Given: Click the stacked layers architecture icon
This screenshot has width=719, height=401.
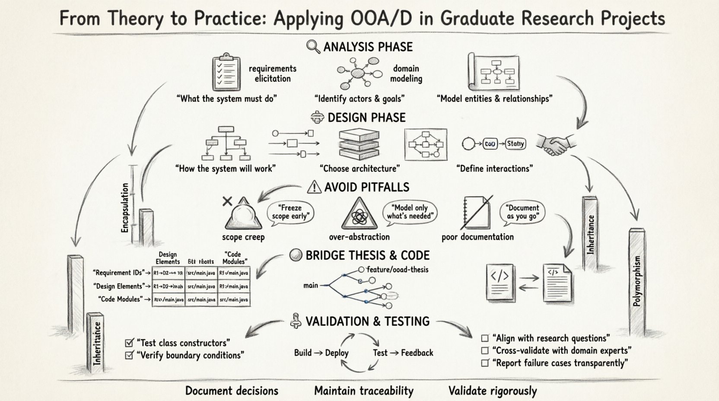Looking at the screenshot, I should point(359,144).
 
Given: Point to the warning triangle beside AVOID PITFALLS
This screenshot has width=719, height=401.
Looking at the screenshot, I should point(314,187).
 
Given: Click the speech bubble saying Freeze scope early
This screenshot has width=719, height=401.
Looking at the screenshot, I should point(290,212).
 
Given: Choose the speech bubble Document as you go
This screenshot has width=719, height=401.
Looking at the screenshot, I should point(522,212).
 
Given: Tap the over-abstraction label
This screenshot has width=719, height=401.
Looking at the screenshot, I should point(359,237).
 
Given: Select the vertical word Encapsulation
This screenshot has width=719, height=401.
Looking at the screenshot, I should point(125,208).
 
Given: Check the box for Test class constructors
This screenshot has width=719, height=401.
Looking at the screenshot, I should point(129,343).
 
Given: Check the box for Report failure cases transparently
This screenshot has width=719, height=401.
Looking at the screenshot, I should point(485,363).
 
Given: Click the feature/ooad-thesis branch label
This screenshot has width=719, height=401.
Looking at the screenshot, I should point(397,270).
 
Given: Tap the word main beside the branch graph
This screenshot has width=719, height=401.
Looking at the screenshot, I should point(311,285).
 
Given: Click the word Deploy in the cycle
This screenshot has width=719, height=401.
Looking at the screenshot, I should point(337,353).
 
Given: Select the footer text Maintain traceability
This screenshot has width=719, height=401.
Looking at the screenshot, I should point(363,391).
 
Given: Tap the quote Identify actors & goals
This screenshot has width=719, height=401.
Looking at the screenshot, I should point(359,99).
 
